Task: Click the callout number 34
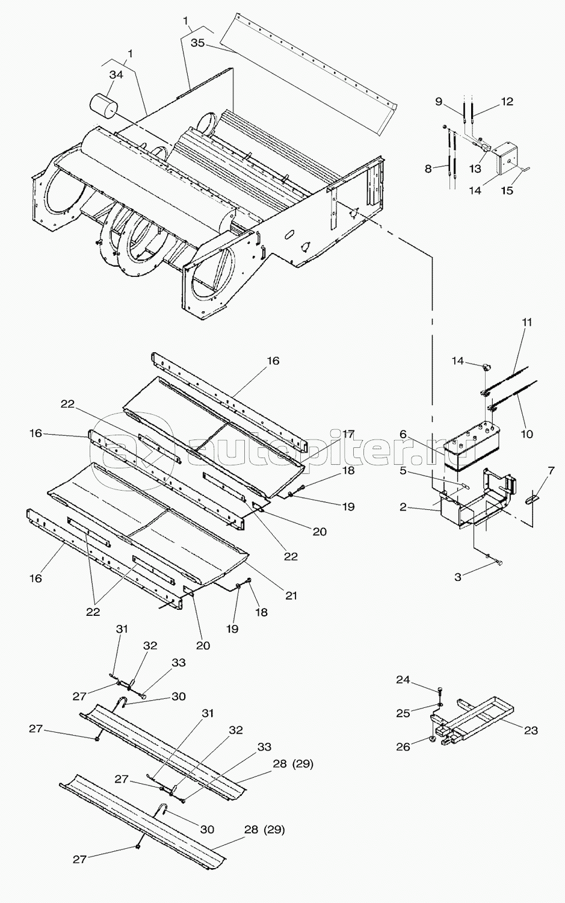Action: tap(117, 75)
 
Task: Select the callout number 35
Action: tap(198, 43)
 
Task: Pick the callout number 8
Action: tap(428, 169)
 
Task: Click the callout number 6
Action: tap(403, 434)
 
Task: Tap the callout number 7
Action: tap(551, 470)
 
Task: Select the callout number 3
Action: tap(458, 577)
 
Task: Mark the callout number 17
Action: tap(348, 434)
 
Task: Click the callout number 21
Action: tap(291, 595)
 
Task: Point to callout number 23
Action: tap(531, 730)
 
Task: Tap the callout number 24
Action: tap(403, 680)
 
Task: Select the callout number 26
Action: tap(403, 746)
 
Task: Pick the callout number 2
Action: tap(403, 507)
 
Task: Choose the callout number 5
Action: tap(403, 470)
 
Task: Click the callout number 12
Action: tap(507, 102)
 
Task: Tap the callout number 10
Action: tap(526, 434)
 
